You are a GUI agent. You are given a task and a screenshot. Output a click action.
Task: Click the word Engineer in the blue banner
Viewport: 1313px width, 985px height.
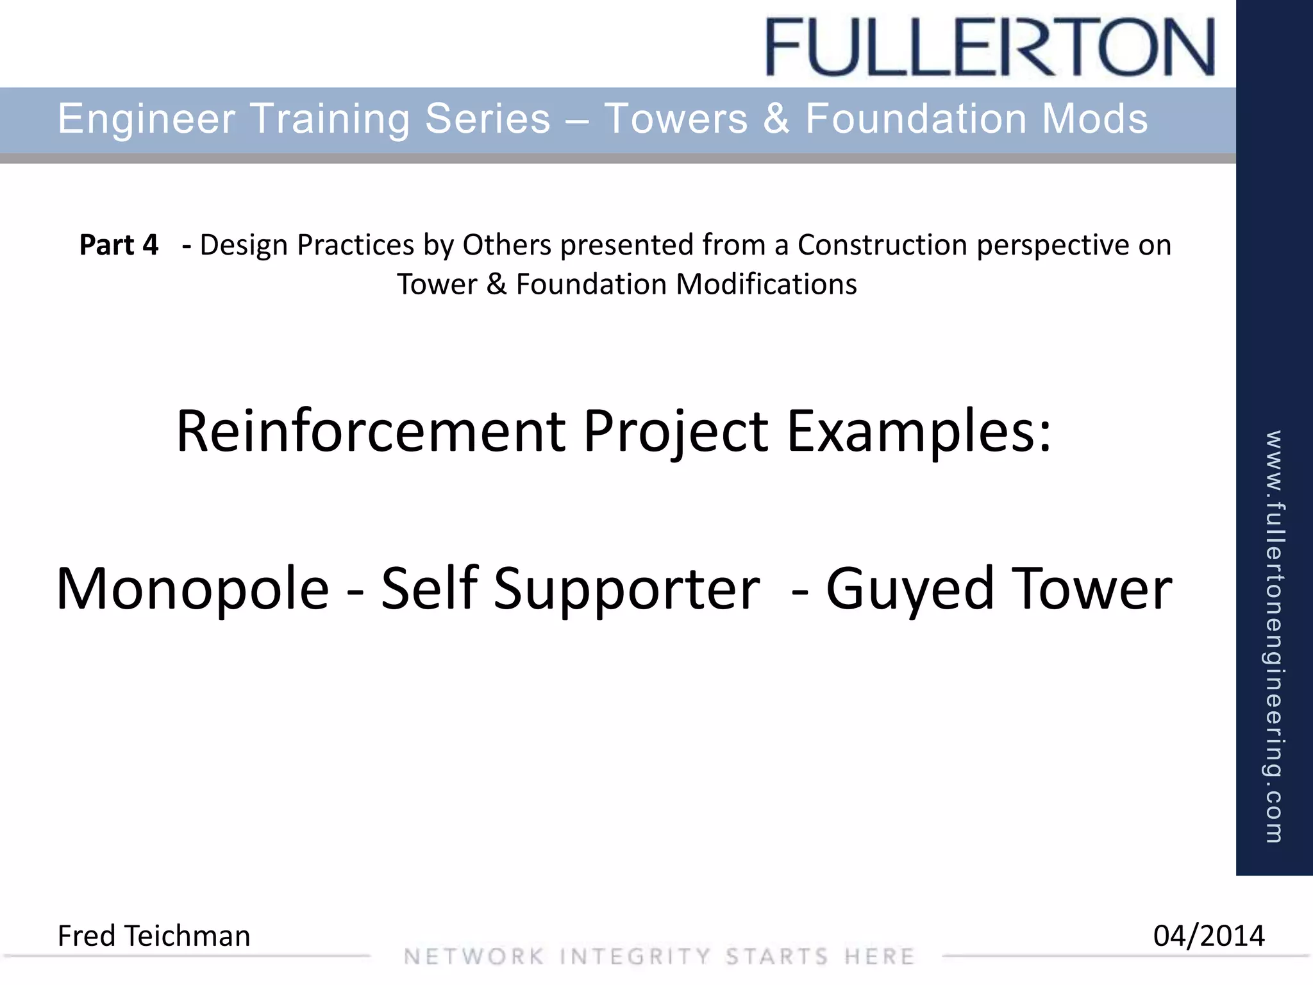147,119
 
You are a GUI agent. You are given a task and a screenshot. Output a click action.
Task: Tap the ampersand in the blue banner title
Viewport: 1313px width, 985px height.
776,119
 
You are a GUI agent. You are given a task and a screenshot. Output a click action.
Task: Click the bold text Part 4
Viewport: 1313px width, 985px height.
119,245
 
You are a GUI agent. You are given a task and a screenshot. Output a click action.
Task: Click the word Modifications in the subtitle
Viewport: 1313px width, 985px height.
767,284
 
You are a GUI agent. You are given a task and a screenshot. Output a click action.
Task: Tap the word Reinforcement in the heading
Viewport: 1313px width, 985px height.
371,431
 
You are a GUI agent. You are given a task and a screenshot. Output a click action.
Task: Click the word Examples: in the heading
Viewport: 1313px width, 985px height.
919,431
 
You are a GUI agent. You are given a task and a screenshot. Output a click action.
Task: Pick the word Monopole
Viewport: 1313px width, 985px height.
192,589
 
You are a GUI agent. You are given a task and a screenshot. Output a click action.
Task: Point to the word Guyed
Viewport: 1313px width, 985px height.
909,589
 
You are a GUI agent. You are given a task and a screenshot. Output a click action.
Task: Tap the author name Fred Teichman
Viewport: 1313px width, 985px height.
154,936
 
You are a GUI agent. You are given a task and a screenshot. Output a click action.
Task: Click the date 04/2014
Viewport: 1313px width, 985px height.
1208,936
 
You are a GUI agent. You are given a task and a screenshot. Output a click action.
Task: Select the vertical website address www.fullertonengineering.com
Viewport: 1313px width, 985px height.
1274,636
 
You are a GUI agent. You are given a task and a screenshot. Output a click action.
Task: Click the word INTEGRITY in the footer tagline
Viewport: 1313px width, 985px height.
635,957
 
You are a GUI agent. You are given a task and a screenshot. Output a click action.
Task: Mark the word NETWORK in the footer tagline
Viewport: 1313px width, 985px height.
474,957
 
